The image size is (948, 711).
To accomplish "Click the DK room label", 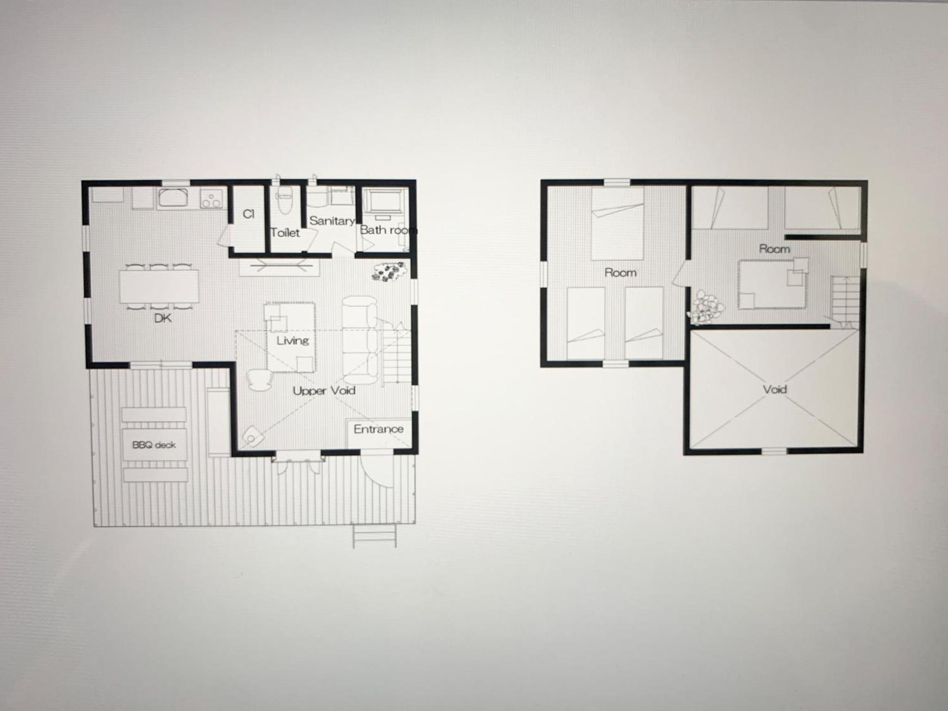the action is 163,318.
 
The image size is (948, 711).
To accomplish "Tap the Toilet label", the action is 285,232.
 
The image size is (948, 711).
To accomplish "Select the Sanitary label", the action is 332,221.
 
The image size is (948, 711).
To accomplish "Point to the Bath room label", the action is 388,230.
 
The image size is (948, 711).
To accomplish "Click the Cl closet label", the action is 249,214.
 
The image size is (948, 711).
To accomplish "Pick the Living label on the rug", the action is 293,341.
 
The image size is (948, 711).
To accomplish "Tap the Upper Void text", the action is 324,391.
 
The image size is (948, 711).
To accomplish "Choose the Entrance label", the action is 378,429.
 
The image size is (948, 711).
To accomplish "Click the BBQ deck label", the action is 154,445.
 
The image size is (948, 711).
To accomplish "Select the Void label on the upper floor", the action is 775,389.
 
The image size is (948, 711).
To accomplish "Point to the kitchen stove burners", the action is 212,200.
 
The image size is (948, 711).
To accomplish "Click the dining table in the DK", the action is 159,286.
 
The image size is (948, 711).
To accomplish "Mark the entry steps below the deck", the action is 375,536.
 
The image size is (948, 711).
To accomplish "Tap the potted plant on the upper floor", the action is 705,306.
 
